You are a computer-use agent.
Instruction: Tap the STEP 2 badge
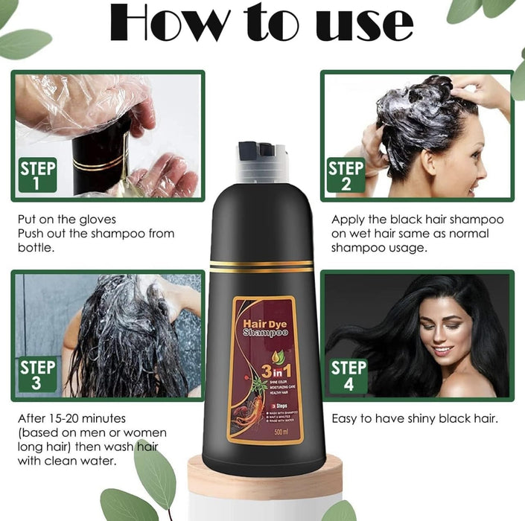346,175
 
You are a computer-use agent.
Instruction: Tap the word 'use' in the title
364,24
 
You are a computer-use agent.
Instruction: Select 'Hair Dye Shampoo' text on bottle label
265,330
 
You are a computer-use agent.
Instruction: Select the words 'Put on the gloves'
67,220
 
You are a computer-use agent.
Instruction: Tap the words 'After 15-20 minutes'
71,418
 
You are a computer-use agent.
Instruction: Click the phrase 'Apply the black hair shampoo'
417,220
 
